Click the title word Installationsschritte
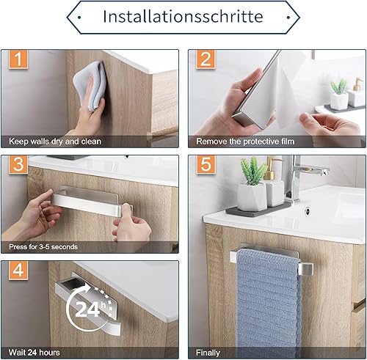tap(183, 17)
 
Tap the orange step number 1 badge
tap(18, 59)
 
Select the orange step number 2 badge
tap(206, 59)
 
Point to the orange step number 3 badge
tap(18, 164)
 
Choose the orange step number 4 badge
tap(18, 270)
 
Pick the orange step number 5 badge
tap(206, 164)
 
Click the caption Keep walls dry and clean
tap(55, 142)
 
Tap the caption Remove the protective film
tap(245, 142)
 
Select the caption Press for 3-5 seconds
tap(43, 247)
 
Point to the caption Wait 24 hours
tap(34, 353)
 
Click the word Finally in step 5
tap(208, 353)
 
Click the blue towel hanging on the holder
tap(269, 303)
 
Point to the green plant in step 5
tap(252, 171)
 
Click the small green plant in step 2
tap(339, 87)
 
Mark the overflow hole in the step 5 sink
tap(308, 210)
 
